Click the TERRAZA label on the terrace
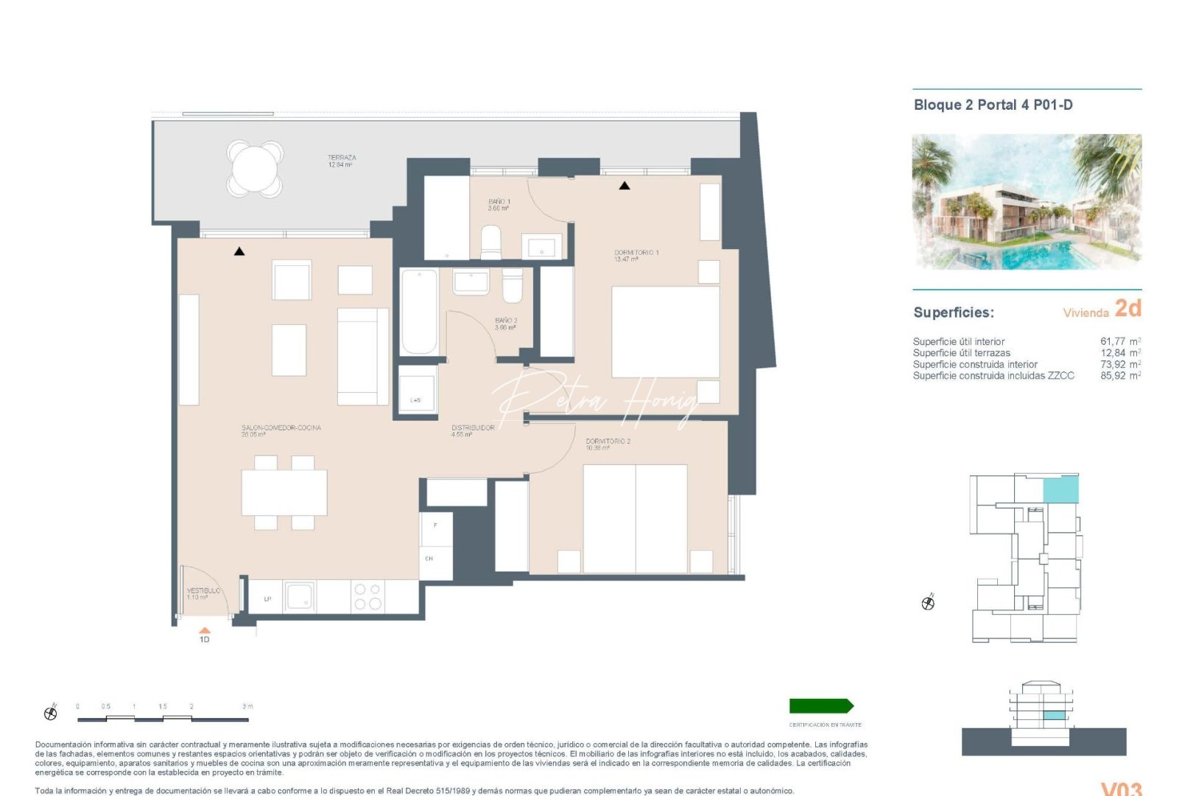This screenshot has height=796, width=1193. coord(342,158)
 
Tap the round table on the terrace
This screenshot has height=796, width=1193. coord(255,169)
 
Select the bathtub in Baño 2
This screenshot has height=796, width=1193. coord(419,312)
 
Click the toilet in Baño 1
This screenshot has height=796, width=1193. coord(491,242)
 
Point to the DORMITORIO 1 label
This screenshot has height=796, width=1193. coord(636,253)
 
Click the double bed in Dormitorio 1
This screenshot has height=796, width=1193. coord(665,332)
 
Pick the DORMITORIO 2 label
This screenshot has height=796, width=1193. coord(608,441)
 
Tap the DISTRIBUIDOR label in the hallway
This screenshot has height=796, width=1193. coord(473,427)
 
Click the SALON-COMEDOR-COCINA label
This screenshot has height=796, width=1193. coord(281,427)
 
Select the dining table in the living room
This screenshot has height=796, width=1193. coord(284,492)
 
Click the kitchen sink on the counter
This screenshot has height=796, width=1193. coord(300,596)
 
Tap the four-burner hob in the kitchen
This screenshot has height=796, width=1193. coord(367,596)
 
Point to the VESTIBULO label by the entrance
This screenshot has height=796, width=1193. coord(203,591)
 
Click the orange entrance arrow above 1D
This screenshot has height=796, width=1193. coord(205,630)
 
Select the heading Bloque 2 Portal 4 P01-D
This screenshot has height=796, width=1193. coord(993,105)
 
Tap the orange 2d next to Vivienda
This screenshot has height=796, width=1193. coord(1127,308)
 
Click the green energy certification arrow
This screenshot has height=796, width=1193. coord(821,706)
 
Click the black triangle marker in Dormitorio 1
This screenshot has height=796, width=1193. coord(624,186)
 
